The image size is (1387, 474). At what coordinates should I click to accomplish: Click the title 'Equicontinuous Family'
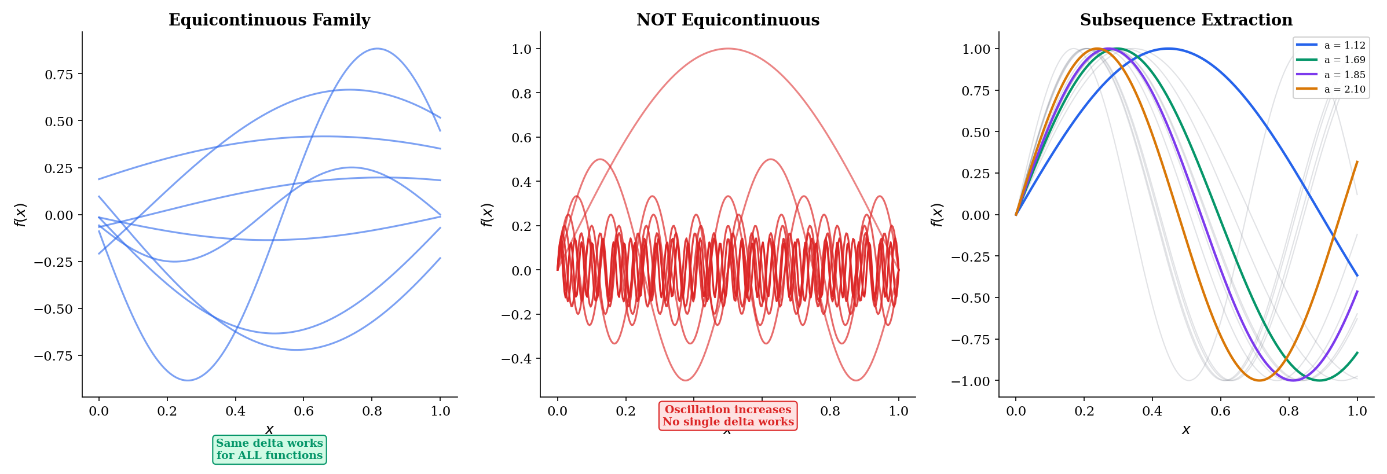(269, 20)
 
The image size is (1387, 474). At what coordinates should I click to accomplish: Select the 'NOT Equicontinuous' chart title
(728, 20)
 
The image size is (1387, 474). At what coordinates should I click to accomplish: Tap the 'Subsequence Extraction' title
(1186, 20)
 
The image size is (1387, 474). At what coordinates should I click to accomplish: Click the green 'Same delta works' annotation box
(269, 450)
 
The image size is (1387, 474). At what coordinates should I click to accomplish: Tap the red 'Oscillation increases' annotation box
(728, 416)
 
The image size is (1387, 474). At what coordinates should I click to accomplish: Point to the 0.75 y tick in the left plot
(59, 75)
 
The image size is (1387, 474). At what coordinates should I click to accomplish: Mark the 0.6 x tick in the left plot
(303, 411)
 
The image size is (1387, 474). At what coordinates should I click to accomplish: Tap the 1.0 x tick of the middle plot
(898, 411)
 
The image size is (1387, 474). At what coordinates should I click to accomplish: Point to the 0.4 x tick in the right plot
(1152, 411)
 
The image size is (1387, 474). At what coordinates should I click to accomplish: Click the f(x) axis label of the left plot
(21, 215)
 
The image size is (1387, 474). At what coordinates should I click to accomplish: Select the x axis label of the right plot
(1186, 430)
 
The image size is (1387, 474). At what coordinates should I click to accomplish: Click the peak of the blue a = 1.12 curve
(1168, 49)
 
